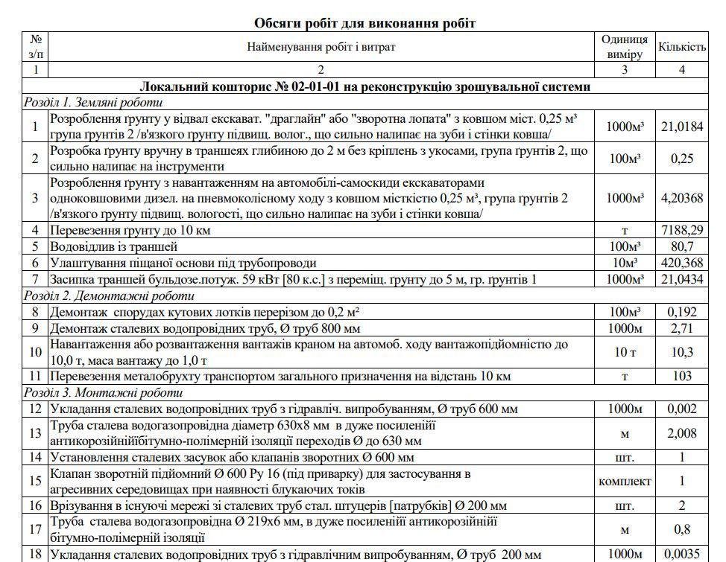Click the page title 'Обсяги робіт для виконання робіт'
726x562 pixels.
pos(364,22)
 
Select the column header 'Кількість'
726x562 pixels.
pos(681,47)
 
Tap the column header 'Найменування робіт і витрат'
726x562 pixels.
pos(321,47)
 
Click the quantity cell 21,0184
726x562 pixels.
pos(681,126)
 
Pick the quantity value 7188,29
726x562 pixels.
pos(681,230)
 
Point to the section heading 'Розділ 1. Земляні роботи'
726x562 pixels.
pos(92,103)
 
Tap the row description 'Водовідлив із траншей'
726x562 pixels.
pos(114,246)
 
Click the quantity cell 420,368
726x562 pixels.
pos(681,263)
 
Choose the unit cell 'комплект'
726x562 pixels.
pos(625,481)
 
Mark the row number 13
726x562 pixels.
pos(35,432)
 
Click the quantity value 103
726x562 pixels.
pos(681,376)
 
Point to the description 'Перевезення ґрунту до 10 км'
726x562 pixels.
pos(130,230)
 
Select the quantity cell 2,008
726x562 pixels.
pos(681,432)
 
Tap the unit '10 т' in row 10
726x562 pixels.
pos(625,351)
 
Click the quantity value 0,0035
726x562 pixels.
pos(681,554)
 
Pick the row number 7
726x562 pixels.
pos(35,279)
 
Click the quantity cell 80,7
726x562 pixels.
pos(681,246)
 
